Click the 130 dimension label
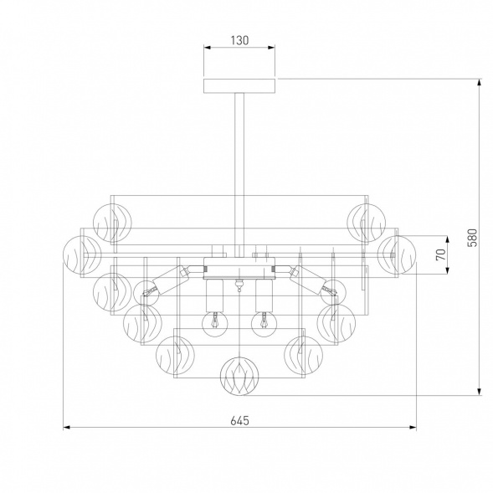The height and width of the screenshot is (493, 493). point(239,40)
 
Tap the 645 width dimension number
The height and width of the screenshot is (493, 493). point(239,420)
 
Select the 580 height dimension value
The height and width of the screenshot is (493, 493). point(472,238)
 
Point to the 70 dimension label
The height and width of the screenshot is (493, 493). point(441,254)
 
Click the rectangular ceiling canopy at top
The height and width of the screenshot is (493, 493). point(239,86)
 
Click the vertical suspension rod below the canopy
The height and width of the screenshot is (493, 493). point(239,175)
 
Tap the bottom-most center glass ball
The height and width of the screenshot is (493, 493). point(239,376)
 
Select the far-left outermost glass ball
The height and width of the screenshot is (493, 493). point(82,254)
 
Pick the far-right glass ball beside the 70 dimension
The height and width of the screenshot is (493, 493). point(397,254)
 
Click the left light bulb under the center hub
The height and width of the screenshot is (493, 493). point(214,324)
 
